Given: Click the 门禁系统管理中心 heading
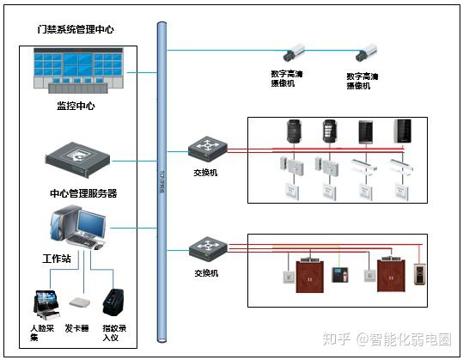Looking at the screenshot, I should tap(76, 29).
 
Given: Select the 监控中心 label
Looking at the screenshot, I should tap(76, 107).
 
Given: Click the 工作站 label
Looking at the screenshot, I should tap(57, 258).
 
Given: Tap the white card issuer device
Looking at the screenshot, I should tap(80, 304).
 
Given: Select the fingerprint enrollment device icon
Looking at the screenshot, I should tap(113, 302).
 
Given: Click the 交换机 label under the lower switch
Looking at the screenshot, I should tap(206, 272).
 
